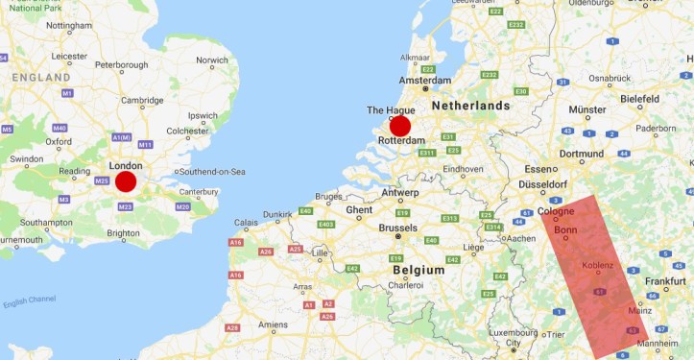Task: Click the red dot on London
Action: [x=126, y=181]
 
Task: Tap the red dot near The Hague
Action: [x=400, y=126]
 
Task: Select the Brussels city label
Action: [x=397, y=228]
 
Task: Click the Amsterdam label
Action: [x=424, y=81]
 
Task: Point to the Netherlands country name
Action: [x=470, y=105]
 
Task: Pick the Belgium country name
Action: [x=419, y=271]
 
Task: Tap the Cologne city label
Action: [x=556, y=211]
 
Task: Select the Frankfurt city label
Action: [x=664, y=281]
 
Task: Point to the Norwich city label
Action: [x=212, y=60]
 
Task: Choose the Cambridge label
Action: [x=141, y=100]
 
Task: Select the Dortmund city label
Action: [x=582, y=154]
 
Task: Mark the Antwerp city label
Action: [x=399, y=192]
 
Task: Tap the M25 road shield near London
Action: [x=102, y=180]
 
